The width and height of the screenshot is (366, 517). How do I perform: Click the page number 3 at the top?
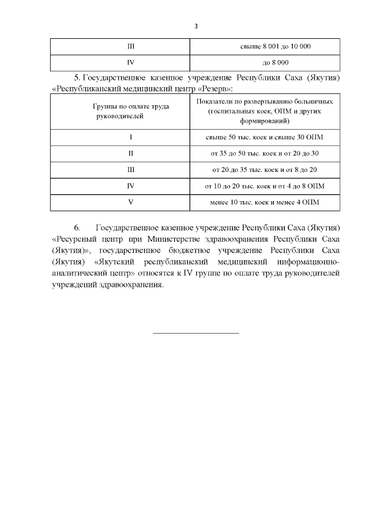click(196, 26)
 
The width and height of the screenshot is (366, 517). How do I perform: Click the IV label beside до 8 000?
click(130, 62)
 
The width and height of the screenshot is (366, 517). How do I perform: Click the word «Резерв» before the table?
click(216, 89)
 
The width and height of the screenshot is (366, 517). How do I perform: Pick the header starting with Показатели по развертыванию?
click(265, 111)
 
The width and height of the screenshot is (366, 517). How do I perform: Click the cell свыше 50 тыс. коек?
click(265, 138)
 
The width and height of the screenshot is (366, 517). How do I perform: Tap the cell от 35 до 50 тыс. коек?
click(265, 154)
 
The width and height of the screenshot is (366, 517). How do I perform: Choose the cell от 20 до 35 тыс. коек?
click(265, 170)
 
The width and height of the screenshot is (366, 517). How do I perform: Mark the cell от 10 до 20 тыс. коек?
click(265, 186)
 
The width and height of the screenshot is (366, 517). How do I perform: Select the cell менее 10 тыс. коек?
click(265, 202)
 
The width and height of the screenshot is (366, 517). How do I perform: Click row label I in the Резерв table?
click(130, 138)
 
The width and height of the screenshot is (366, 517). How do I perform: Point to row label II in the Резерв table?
click(130, 154)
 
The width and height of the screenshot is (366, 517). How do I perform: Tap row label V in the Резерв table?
click(130, 202)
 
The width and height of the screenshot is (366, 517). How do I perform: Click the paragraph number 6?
click(78, 227)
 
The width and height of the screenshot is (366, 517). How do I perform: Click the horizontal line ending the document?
click(196, 332)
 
